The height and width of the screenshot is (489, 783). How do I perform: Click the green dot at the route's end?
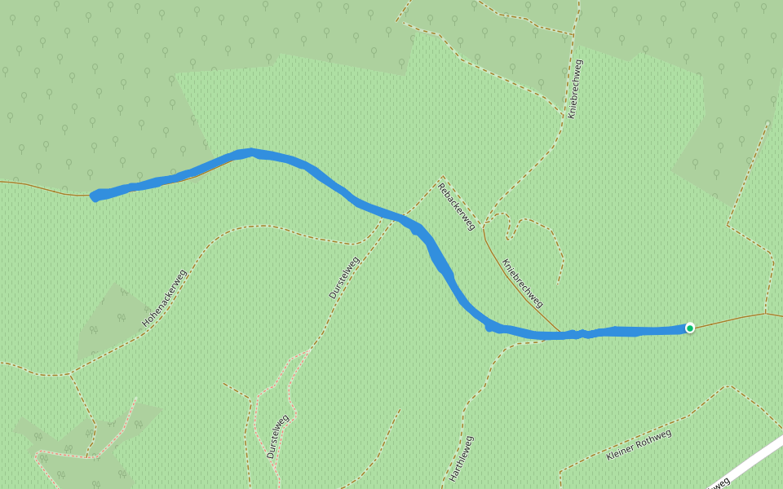pyautogui.click(x=690, y=328)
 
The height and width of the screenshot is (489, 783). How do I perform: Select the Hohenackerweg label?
pyautogui.click(x=165, y=297)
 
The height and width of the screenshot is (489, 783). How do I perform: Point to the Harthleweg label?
pyautogui.click(x=461, y=457)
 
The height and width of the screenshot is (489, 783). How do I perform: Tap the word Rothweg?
pyautogui.click(x=654, y=438)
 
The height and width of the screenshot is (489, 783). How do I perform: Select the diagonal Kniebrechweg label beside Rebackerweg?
pyautogui.click(x=523, y=284)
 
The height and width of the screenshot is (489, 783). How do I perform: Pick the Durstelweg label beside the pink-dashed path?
pyautogui.click(x=278, y=438)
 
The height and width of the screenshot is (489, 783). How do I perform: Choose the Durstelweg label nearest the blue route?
pyautogui.click(x=343, y=278)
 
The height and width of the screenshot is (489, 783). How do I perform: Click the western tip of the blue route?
pyautogui.click(x=95, y=196)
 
